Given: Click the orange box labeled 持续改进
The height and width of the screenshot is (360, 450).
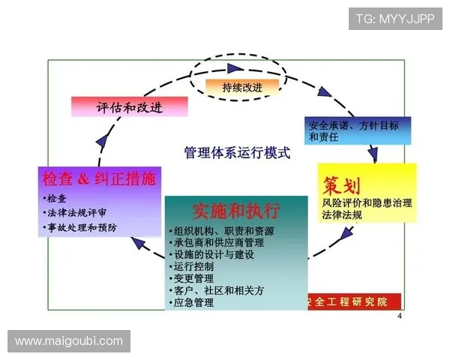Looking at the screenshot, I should point(241,87).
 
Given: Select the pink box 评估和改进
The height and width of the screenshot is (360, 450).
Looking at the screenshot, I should point(128,106).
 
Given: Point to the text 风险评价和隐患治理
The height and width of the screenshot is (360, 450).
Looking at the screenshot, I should point(367,202).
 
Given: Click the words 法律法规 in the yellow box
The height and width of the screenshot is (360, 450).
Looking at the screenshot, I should point(342,215).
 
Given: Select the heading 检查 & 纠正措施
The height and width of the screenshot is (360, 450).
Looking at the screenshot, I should point(99,178).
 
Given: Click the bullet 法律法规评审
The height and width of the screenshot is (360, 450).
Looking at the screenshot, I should point(77,212).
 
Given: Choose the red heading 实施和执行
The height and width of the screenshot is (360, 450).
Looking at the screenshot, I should point(235,210).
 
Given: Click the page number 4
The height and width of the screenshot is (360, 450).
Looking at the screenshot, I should point(399,316).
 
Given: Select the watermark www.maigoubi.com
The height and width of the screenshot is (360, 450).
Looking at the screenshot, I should point(69,341).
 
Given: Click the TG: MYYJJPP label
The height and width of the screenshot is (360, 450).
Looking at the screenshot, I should point(395,17).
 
